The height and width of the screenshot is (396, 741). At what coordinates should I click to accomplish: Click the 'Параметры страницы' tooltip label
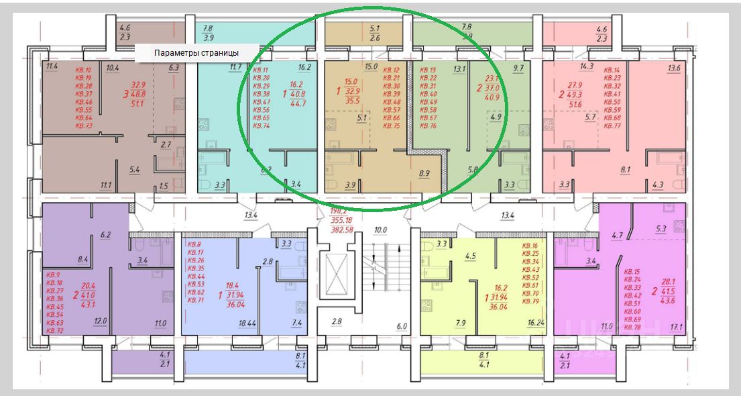[196, 53]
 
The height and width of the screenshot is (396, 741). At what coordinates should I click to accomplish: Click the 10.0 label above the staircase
[381, 230]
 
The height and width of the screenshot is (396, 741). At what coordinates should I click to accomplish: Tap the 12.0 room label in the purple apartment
[101, 321]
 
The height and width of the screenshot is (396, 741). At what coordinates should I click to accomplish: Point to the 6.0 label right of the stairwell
[402, 327]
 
